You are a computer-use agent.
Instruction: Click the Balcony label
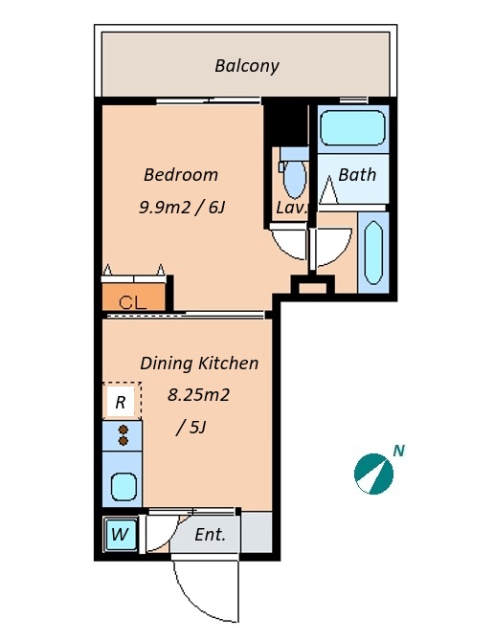click(247, 66)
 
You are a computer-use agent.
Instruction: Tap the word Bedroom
click(181, 175)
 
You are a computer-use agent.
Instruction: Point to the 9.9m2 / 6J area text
click(182, 208)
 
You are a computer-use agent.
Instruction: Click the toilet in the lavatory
click(294, 173)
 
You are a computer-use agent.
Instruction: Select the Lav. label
click(291, 208)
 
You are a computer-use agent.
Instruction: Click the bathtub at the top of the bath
click(352, 127)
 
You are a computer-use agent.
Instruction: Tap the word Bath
click(357, 175)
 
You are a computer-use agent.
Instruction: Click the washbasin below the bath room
click(373, 253)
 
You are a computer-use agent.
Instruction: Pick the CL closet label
click(132, 302)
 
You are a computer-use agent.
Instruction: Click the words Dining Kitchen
click(199, 363)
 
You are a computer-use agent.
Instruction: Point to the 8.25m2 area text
click(198, 395)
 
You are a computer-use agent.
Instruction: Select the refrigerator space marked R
click(122, 402)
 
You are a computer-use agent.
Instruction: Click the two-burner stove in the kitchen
click(123, 435)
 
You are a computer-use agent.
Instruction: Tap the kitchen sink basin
click(123, 486)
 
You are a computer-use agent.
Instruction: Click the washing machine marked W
click(120, 534)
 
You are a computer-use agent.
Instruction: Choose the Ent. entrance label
click(210, 534)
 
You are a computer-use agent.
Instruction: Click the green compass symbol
click(373, 474)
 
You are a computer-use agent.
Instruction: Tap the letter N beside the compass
click(399, 451)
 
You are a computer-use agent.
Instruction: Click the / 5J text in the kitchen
click(191, 428)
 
